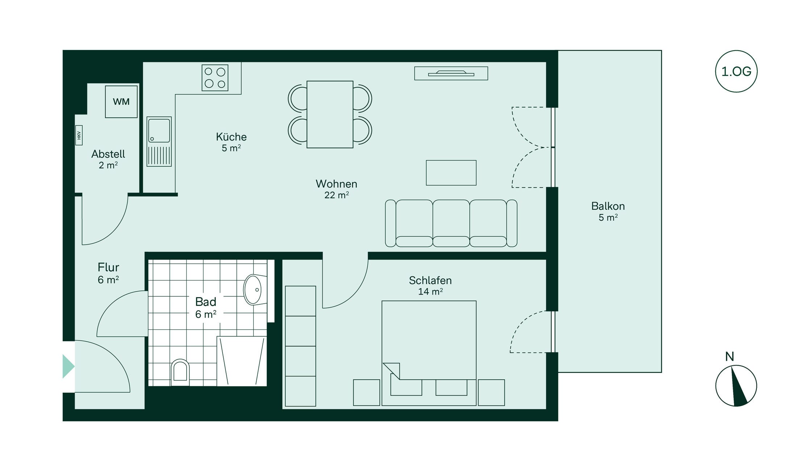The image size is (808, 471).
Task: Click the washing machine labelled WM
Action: click(x=121, y=102)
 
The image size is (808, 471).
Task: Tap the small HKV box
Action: click(x=79, y=135)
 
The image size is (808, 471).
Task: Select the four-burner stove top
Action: click(x=215, y=78)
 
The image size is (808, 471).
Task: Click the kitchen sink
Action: click(x=159, y=142)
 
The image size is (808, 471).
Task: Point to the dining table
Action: click(x=330, y=114)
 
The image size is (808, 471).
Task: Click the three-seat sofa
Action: click(x=451, y=223)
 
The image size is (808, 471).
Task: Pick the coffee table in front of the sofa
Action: click(x=451, y=173)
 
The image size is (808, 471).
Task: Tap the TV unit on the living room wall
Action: click(x=451, y=73)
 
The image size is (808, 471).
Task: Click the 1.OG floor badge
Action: click(x=736, y=71)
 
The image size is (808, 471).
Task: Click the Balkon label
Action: click(x=608, y=206)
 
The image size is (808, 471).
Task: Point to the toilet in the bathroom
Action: click(x=180, y=372)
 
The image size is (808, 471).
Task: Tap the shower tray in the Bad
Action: click(x=242, y=361)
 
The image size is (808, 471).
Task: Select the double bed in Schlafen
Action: click(x=429, y=353)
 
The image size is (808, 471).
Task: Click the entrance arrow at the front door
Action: click(x=68, y=367)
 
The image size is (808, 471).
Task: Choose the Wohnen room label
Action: click(x=336, y=184)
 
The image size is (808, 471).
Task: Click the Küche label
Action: click(x=231, y=137)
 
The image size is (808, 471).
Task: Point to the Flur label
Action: click(x=108, y=267)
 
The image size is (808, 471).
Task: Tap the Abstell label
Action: click(x=108, y=154)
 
